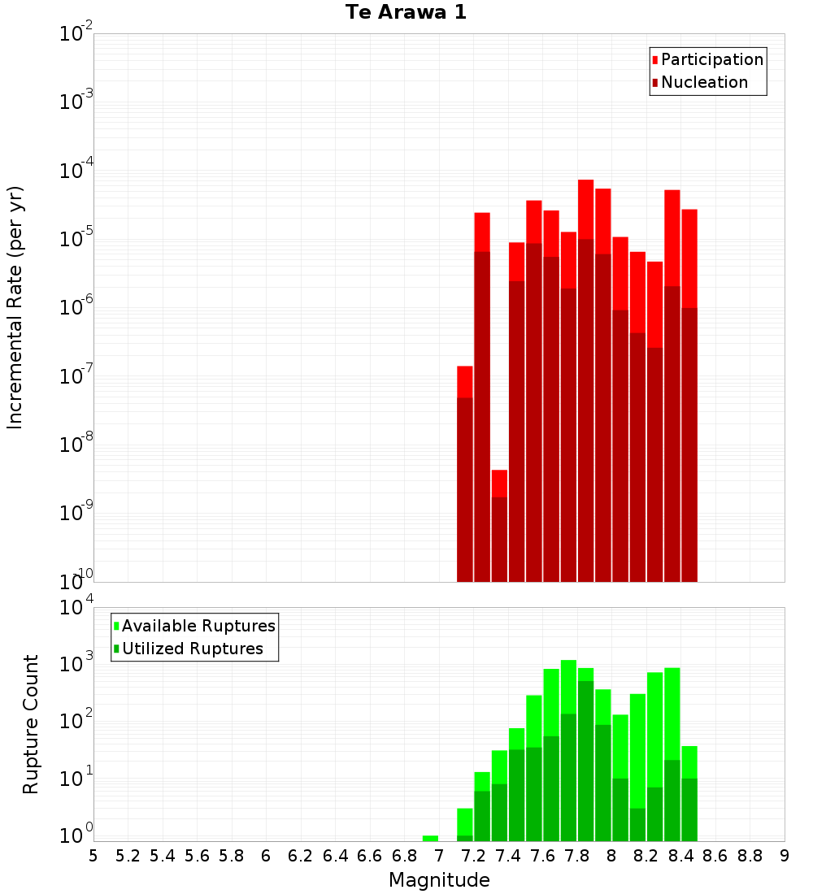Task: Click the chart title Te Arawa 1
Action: [406, 13]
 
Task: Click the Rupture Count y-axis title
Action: [31, 724]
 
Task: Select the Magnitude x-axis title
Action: [439, 880]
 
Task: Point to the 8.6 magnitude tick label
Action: [715, 856]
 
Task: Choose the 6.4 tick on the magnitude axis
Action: [335, 856]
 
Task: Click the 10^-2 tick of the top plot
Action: [76, 35]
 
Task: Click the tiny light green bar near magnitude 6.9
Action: [430, 838]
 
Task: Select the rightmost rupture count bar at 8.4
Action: [689, 793]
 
